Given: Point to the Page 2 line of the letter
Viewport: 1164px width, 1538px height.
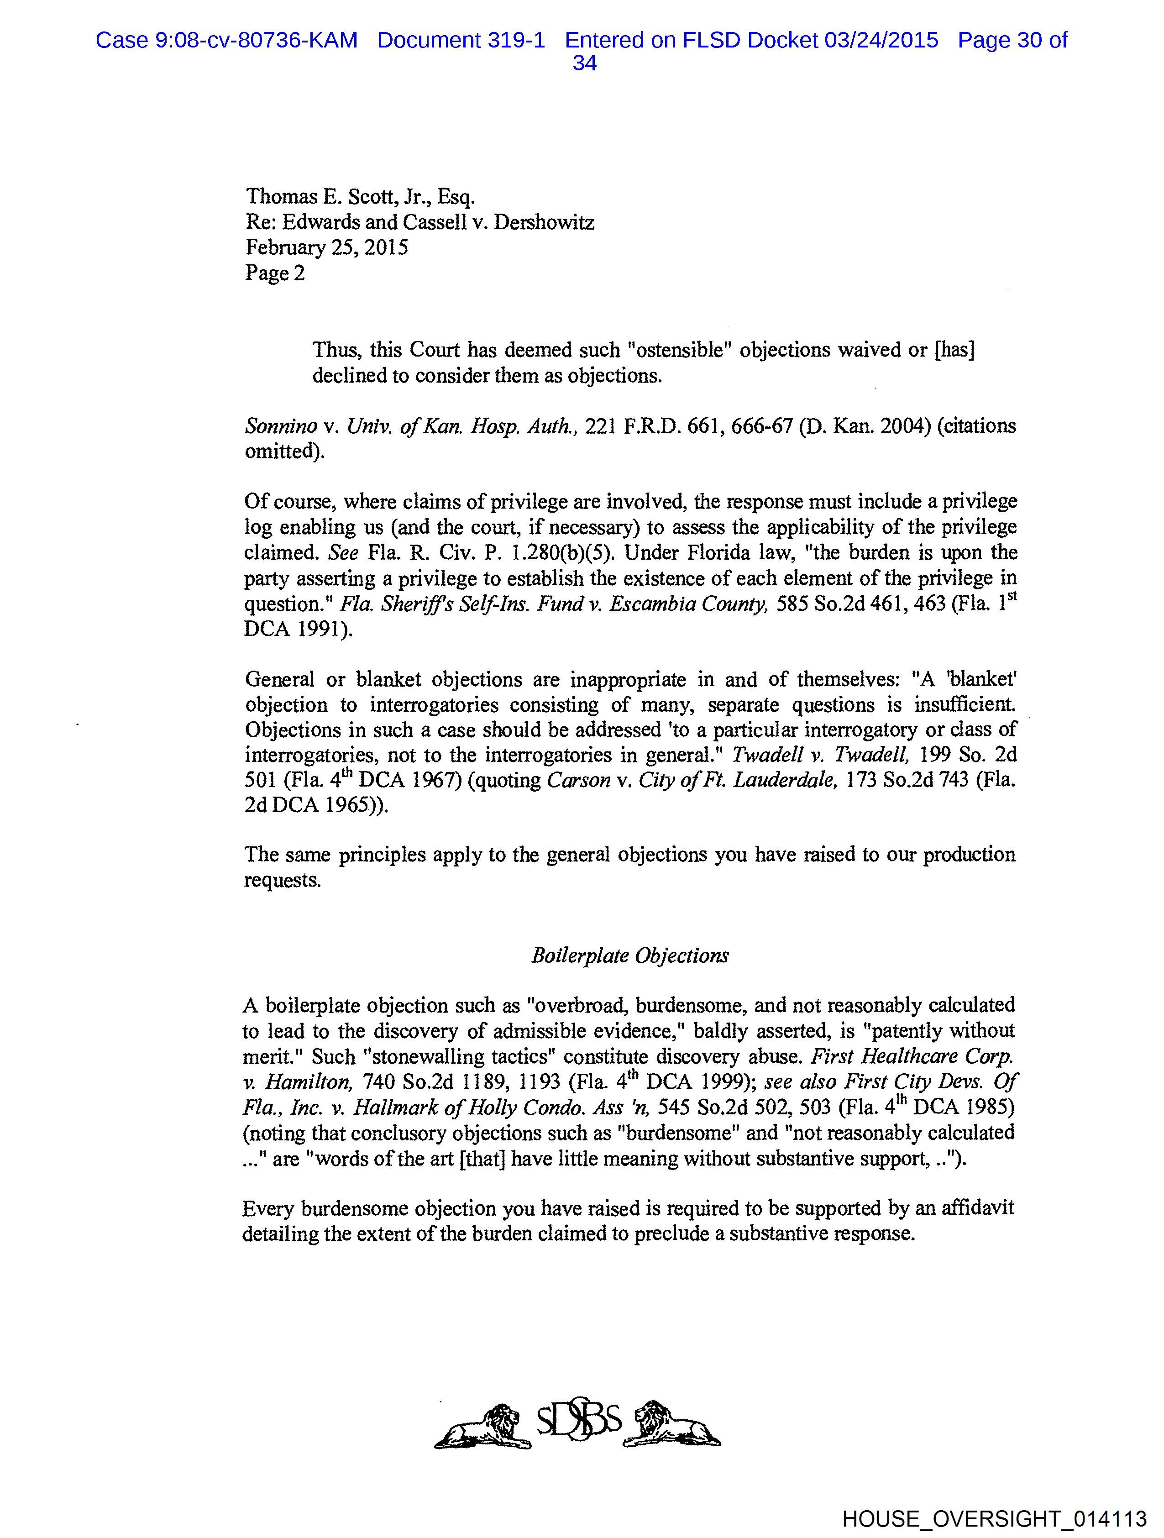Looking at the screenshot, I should point(275,273).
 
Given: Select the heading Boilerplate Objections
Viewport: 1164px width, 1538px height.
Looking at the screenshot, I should point(630,955).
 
